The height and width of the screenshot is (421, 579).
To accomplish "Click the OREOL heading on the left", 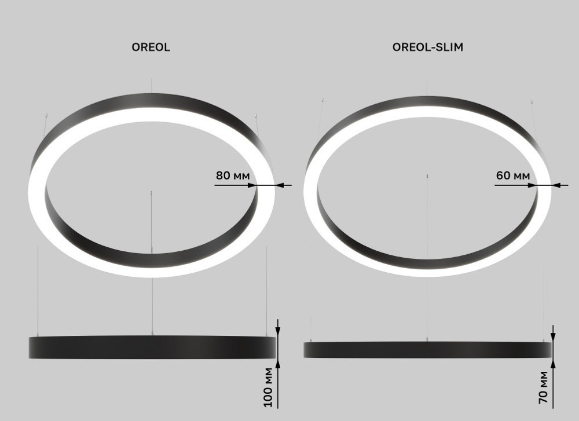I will pos(151,47).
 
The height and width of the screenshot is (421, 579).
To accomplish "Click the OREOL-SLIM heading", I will pos(427,47).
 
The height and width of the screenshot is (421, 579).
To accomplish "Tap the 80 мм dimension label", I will pos(232,175).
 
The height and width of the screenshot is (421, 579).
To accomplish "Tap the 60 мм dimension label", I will pos(512,175).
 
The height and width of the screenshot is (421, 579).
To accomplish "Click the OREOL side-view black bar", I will pos(152,347).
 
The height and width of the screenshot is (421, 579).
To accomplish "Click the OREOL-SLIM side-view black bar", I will pos(427,349).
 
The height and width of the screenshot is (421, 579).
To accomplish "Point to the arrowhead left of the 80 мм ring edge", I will pos(252,185).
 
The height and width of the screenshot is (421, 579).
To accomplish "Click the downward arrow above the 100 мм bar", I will pos(278,331).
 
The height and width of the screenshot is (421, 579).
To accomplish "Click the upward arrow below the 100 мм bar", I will pos(278,363).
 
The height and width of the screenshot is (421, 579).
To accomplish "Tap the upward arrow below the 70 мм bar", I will pos(554,363).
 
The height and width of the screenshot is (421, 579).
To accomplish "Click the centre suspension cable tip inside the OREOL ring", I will pos(152,193).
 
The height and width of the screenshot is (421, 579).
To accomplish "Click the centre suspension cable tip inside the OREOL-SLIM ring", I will pos(427,174).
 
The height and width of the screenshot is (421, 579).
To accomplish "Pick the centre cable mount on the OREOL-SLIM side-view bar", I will pos(427,340).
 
